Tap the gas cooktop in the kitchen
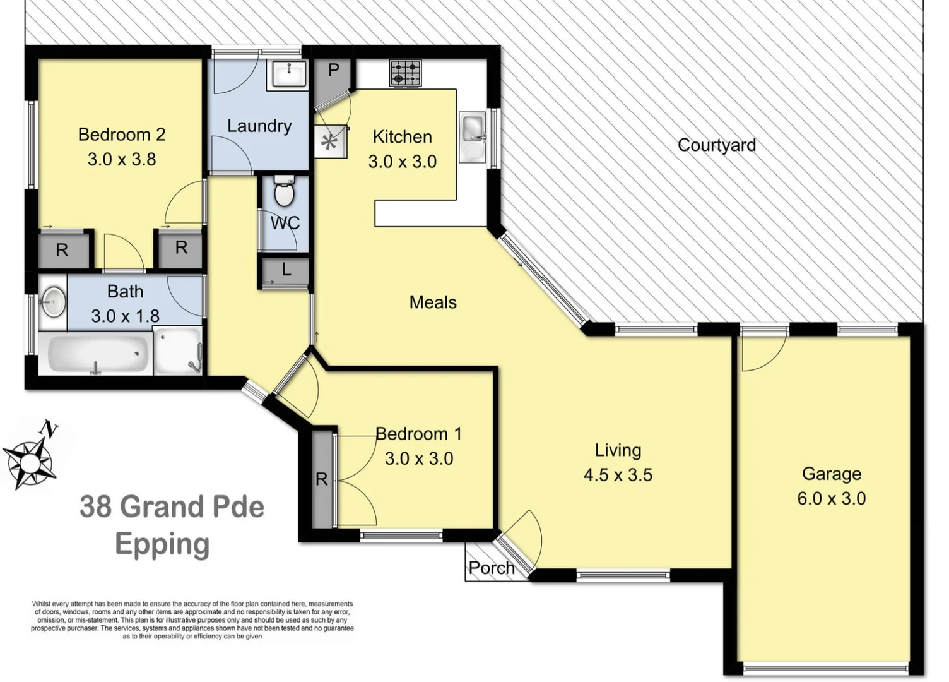coord(404,73)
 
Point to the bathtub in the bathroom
coord(96,354)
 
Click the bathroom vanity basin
coord(53,302)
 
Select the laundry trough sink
coord(288,75)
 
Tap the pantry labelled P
coord(333,71)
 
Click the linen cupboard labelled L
coord(286,270)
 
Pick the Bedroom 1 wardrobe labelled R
coord(322,479)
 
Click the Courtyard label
coord(716,145)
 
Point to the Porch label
coord(491,568)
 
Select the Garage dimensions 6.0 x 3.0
coord(831,498)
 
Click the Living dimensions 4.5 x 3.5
coord(618,475)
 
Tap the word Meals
coord(433,302)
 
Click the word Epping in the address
coord(162,545)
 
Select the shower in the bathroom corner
coord(179,351)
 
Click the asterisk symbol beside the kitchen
coord(329,142)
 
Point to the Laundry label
coord(259,126)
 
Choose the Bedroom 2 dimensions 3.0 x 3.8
coord(122,159)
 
